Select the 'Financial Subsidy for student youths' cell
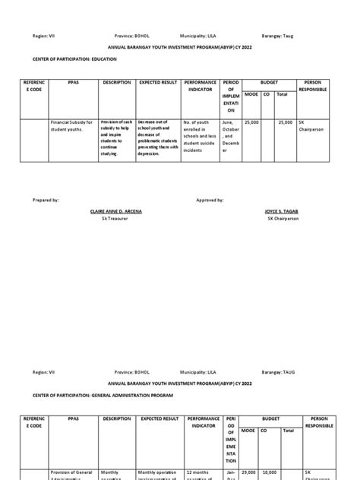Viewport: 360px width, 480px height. click(x=71, y=125)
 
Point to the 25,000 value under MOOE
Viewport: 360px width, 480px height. click(x=250, y=122)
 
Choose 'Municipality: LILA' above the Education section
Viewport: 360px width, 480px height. click(x=201, y=36)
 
